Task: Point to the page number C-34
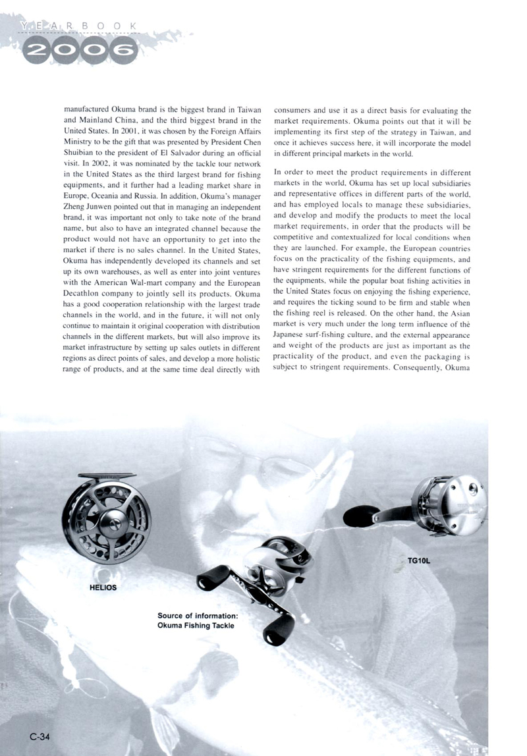[x=39, y=736]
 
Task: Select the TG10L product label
[x=418, y=561]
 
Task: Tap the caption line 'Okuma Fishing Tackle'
[x=196, y=626]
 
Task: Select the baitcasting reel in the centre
[x=257, y=573]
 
